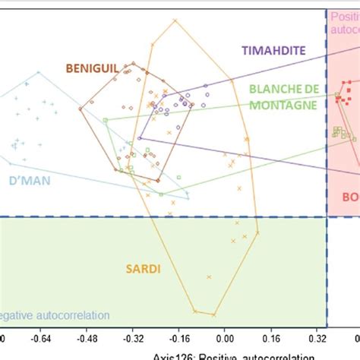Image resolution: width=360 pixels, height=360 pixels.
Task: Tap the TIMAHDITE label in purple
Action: [x=273, y=50]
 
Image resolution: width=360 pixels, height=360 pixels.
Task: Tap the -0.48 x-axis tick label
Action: [x=91, y=340]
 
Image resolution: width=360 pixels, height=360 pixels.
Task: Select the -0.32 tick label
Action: [x=135, y=340]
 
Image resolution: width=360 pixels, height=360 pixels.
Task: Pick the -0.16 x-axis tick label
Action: [x=179, y=340]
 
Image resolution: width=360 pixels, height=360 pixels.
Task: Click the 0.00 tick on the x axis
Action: [x=225, y=340]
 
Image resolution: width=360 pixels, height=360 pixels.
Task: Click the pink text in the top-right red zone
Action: [x=344, y=21]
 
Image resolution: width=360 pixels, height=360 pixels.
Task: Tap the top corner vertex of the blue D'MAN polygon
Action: [x=36, y=74]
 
